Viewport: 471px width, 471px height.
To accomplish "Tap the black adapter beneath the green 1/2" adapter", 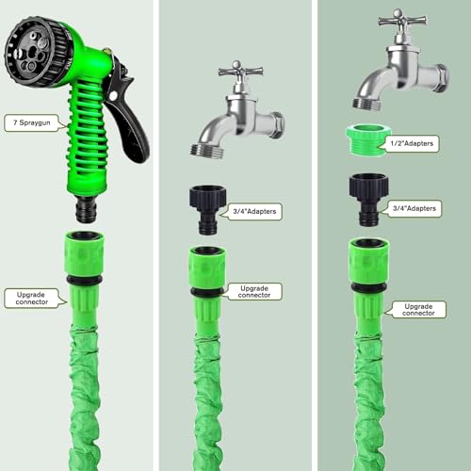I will (371, 199).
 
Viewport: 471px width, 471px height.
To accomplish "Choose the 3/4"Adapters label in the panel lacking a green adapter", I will (257, 211).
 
